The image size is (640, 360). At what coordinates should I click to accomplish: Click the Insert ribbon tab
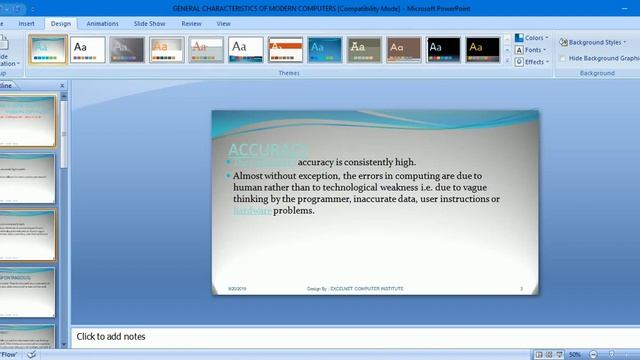click(27, 23)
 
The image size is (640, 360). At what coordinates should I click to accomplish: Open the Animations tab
click(102, 23)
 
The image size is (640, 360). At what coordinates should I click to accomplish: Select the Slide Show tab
click(150, 23)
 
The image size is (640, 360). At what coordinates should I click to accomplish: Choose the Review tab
click(191, 23)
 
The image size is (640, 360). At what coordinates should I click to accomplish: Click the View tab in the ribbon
click(223, 23)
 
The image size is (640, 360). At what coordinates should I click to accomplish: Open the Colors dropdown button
click(531, 38)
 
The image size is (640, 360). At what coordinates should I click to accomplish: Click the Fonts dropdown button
click(531, 50)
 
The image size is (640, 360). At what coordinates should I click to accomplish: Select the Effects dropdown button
click(531, 62)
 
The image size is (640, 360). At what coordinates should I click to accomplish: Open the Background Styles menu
click(594, 43)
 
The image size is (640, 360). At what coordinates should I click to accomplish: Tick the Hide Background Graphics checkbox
click(564, 58)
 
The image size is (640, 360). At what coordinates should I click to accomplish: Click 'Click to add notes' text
click(111, 337)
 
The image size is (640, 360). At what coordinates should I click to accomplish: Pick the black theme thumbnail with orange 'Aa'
click(482, 48)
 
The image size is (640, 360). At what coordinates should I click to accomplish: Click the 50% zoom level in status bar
click(575, 354)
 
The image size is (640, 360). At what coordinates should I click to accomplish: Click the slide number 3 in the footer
click(521, 288)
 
